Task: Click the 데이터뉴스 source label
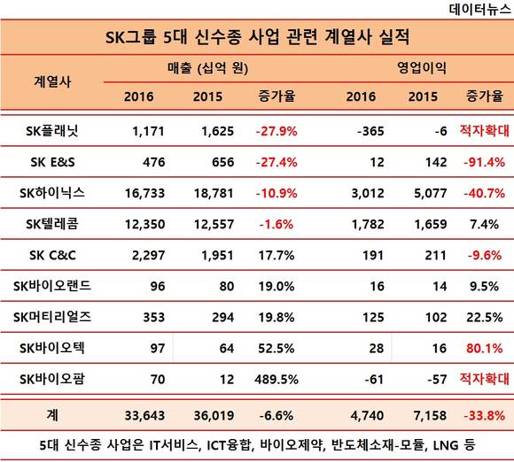pyautogui.click(x=479, y=9)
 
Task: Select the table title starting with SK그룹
pyautogui.click(x=257, y=36)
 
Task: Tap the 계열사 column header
pyautogui.click(x=52, y=81)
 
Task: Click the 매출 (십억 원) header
pyautogui.click(x=207, y=68)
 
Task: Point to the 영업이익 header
pyautogui.click(x=422, y=68)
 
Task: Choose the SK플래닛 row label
pyautogui.click(x=52, y=131)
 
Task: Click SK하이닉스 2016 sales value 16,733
pyautogui.click(x=144, y=193)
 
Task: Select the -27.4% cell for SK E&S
pyautogui.click(x=276, y=162)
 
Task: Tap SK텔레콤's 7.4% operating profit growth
pyautogui.click(x=484, y=224)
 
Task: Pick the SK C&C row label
pyautogui.click(x=52, y=256)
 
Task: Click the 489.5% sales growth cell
pyautogui.click(x=276, y=380)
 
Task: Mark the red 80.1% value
pyautogui.click(x=484, y=349)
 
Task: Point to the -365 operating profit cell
pyautogui.click(x=370, y=131)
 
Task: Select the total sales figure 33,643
pyautogui.click(x=144, y=416)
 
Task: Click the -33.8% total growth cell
pyautogui.click(x=484, y=416)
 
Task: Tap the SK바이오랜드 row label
pyautogui.click(x=52, y=286)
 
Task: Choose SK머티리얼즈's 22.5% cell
pyautogui.click(x=484, y=317)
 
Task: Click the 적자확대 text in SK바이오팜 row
pyautogui.click(x=484, y=379)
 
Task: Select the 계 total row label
pyautogui.click(x=52, y=415)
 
